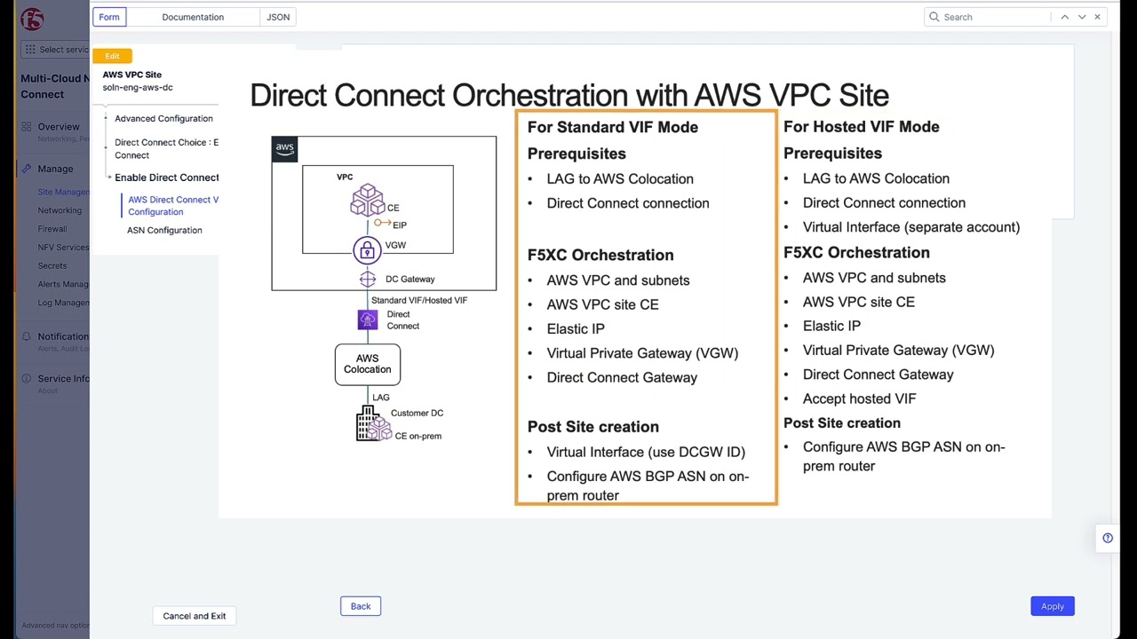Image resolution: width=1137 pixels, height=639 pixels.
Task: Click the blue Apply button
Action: click(x=1052, y=606)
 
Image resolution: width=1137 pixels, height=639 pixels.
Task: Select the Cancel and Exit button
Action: click(x=194, y=616)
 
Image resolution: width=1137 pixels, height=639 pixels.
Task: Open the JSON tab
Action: click(x=278, y=17)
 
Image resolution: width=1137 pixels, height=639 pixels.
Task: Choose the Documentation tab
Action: click(x=193, y=17)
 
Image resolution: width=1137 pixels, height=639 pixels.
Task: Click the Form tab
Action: click(x=109, y=17)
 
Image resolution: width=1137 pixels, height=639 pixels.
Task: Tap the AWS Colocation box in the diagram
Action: click(x=367, y=364)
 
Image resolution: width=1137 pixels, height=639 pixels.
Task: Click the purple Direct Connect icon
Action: click(x=368, y=320)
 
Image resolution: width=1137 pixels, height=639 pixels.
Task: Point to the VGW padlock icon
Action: click(x=367, y=250)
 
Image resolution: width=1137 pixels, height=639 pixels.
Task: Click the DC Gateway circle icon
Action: click(x=368, y=280)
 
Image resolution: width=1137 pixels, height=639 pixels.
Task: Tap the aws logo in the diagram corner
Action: click(x=284, y=149)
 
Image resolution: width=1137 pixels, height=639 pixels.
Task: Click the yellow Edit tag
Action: click(x=112, y=56)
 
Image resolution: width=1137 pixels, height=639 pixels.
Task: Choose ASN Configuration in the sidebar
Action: click(x=164, y=230)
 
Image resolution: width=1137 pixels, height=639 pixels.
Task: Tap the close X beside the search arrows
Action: click(x=1098, y=17)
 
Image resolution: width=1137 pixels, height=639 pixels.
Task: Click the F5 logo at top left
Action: click(x=31, y=19)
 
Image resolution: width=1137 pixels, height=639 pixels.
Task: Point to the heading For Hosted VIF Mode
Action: click(x=861, y=127)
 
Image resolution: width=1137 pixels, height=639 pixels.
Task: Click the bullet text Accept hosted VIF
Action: click(x=859, y=398)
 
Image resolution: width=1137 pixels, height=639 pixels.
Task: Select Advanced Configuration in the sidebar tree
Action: click(x=163, y=118)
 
